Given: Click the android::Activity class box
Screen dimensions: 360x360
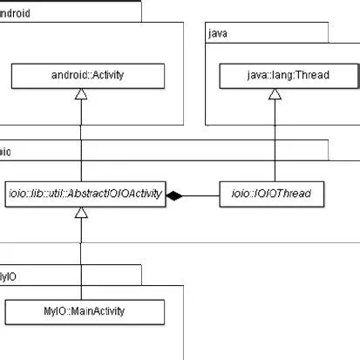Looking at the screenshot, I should [82, 76].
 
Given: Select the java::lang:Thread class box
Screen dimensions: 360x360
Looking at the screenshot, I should [275, 77].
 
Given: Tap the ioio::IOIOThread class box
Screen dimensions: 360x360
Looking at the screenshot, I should [272, 194].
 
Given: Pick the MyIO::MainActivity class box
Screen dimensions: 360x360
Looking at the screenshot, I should [85, 310].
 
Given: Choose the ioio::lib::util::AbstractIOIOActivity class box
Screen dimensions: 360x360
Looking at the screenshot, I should [82, 194].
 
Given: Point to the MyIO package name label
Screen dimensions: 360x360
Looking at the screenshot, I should [7, 276].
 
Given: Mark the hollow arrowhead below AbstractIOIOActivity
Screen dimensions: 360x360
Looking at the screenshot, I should [82, 213].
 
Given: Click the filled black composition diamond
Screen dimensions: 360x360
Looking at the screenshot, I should [174, 195].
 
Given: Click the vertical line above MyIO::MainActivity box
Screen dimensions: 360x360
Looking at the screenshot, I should [82, 262].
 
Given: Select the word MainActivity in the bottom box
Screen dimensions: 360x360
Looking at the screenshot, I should [98, 310].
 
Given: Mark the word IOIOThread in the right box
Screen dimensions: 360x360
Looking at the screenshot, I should [282, 194].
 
